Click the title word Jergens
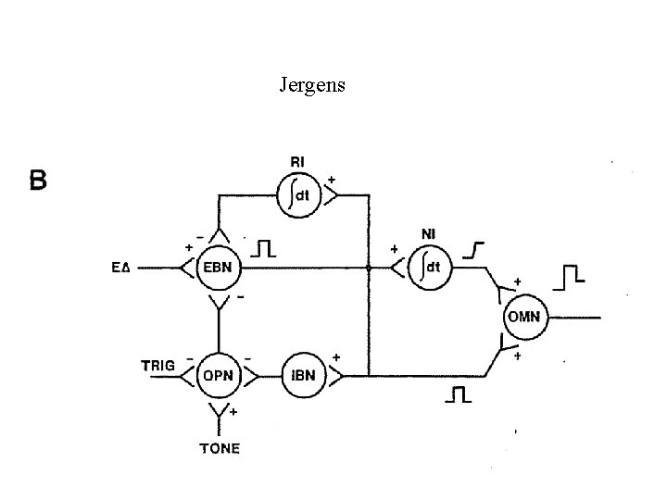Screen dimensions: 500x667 click(x=312, y=86)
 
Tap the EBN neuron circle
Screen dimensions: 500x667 click(x=219, y=269)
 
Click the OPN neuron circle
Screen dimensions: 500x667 click(x=220, y=376)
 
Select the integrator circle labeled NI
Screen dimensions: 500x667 click(x=427, y=269)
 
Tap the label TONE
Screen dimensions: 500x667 click(x=220, y=448)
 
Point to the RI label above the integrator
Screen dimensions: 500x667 click(x=297, y=163)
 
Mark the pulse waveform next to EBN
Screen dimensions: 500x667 click(x=266, y=247)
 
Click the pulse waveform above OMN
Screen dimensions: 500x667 click(x=572, y=274)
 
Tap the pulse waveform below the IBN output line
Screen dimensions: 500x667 click(x=458, y=395)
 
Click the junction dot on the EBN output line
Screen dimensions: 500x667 click(x=369, y=269)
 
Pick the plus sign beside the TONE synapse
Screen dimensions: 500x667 click(x=233, y=410)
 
